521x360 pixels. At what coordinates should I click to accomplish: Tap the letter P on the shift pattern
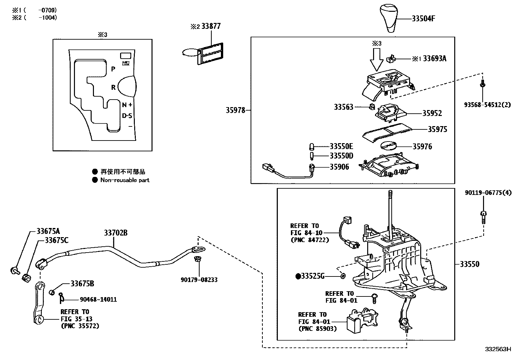[x=113, y=69]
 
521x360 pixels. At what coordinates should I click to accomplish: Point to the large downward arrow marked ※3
[x=376, y=59]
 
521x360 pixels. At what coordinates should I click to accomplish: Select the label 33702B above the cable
[x=116, y=233]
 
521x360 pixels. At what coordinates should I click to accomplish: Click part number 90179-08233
[x=199, y=280]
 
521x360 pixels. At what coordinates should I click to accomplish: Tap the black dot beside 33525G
[x=298, y=276]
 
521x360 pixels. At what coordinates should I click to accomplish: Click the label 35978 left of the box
[x=235, y=110]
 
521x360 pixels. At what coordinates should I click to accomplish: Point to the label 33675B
[x=82, y=284]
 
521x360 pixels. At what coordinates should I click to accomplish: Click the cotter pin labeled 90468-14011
[x=62, y=297]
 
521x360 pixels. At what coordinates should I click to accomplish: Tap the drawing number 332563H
[x=498, y=349]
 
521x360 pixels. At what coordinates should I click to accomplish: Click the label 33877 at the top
[x=211, y=26]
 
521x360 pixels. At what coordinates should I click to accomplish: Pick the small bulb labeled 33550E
[x=312, y=146]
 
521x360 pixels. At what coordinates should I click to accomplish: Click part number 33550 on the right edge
[x=469, y=264]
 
